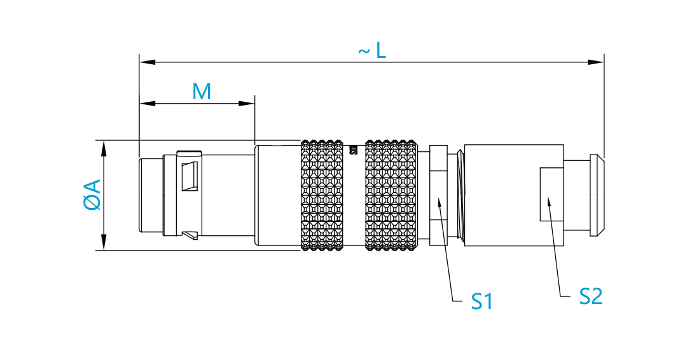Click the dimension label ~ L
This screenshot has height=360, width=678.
point(372,50)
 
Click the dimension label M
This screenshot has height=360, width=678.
point(202,92)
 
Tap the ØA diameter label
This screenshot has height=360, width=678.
point(92,195)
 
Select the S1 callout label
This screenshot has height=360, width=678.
point(481,301)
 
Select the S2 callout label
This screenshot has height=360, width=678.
point(591,296)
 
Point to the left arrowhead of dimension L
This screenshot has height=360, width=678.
point(148,62)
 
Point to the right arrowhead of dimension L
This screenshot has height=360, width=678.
point(596,62)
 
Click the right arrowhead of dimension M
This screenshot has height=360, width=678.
point(247,104)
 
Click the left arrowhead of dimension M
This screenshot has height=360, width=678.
point(148,104)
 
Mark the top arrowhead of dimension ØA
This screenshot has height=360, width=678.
point(104,148)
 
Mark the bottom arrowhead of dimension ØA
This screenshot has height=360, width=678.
point(104,242)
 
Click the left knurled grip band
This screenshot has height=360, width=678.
point(322,195)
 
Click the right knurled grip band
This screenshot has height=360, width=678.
point(392,195)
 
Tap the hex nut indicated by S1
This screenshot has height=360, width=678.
point(438,195)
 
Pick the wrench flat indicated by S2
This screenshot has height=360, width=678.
point(551,195)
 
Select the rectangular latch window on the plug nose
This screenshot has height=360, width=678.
point(190,176)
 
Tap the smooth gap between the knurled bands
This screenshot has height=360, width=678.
point(354,195)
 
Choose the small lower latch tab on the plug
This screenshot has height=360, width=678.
point(190,235)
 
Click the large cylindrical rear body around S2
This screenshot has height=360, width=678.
point(514,195)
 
